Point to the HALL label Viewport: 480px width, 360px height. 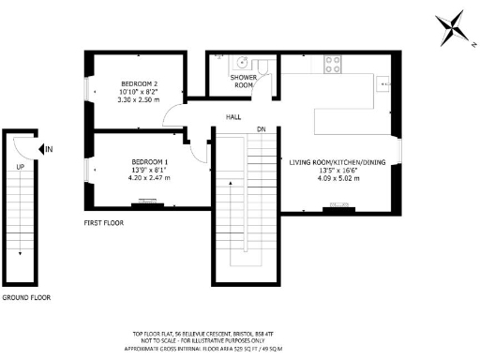point(232,117)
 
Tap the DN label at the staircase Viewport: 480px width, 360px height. point(262,128)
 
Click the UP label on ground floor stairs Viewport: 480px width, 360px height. point(19,166)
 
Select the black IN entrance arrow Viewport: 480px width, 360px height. point(40,149)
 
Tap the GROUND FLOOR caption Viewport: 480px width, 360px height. point(25,297)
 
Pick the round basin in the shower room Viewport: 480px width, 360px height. point(243,63)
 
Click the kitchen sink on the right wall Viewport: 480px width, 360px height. point(384,83)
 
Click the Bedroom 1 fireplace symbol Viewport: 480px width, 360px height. point(145,200)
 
